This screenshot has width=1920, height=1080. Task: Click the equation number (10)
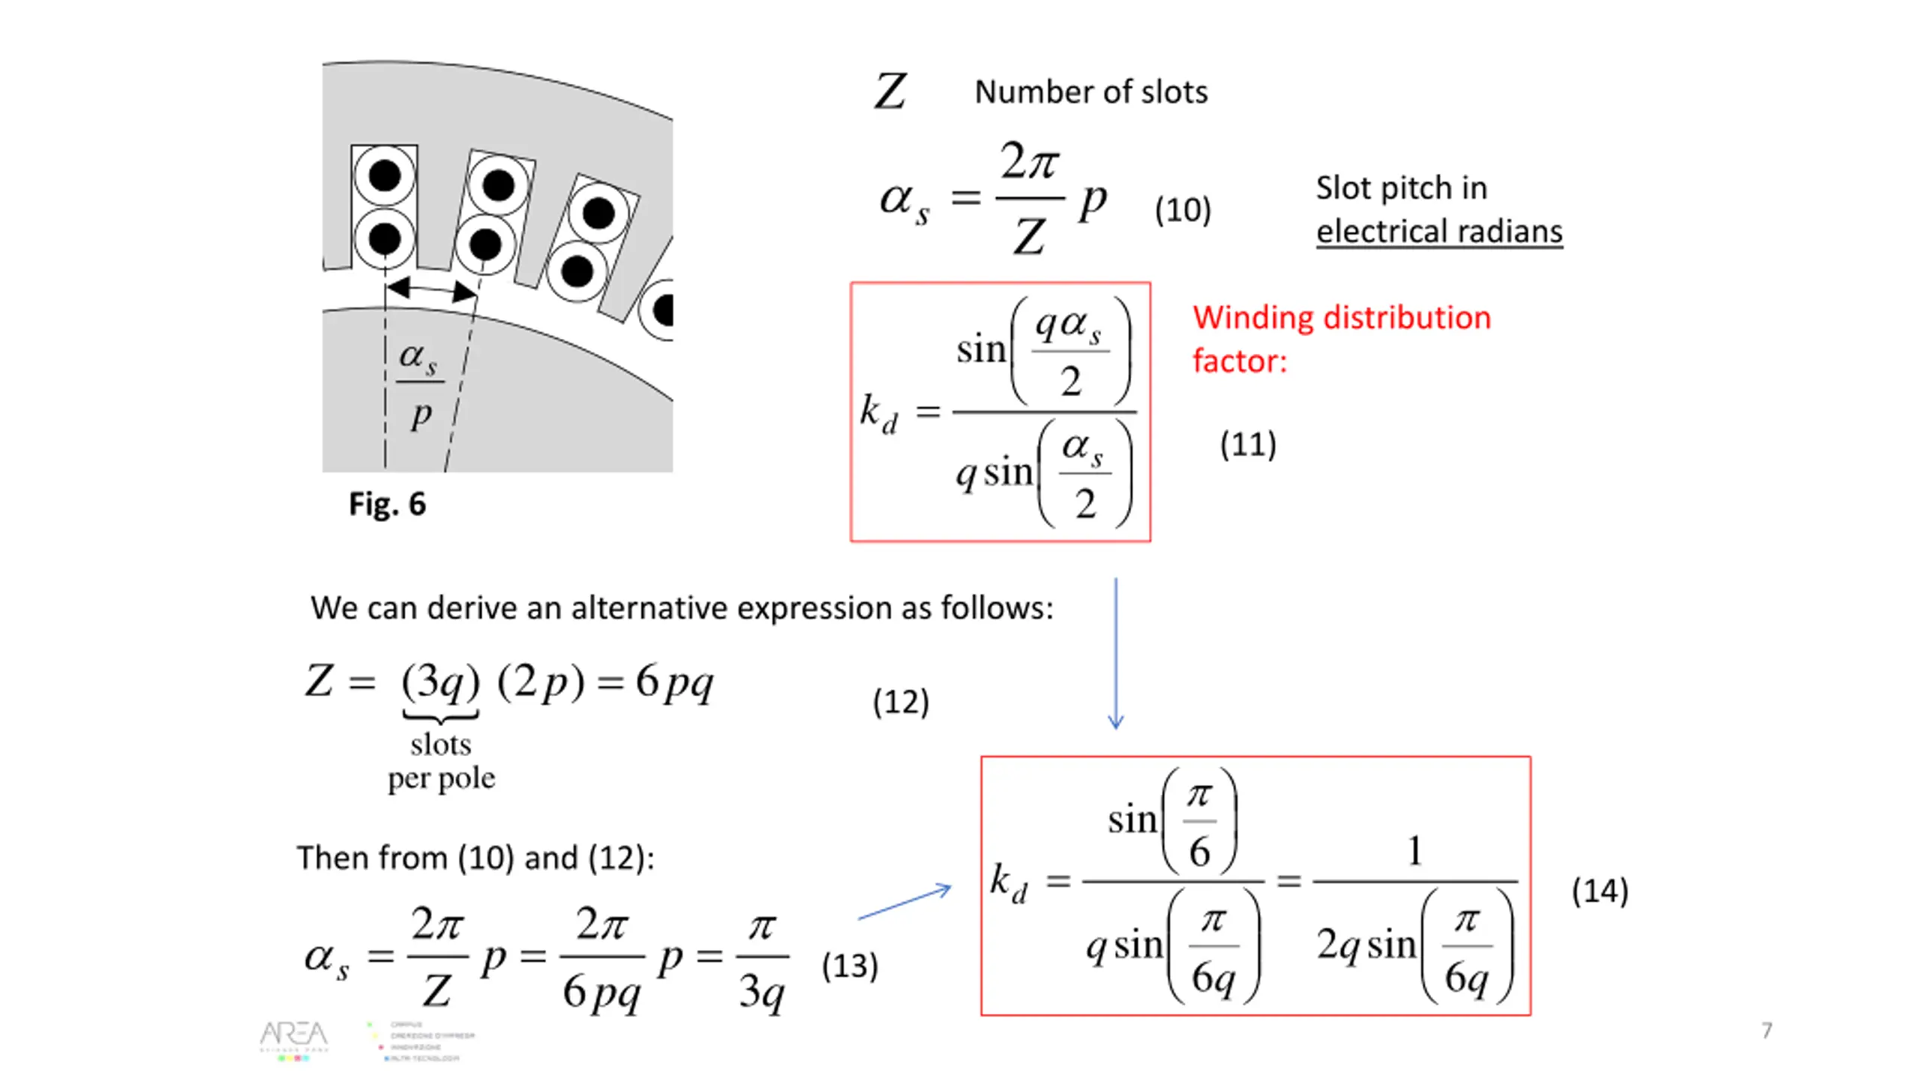[1183, 210]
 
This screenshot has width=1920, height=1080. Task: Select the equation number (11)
[1247, 445]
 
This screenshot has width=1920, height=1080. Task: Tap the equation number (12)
[900, 703]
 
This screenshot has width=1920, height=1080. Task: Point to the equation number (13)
[849, 966]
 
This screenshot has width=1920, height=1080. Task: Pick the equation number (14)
[1599, 891]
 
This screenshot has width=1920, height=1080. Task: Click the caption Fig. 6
[387, 504]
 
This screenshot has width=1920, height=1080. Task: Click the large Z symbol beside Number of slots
[890, 92]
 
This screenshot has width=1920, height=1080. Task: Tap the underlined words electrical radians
[1438, 232]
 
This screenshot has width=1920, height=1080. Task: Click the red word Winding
[1252, 318]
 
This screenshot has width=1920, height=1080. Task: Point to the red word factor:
[1239, 361]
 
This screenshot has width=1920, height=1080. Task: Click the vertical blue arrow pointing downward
[1115, 652]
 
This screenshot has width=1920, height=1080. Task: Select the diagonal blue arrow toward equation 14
[905, 902]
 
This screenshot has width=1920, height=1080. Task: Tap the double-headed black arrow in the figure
[431, 289]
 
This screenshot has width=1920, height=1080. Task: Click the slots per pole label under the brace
[441, 761]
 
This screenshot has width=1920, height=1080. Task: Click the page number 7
[1766, 1030]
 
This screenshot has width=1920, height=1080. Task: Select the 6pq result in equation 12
[674, 683]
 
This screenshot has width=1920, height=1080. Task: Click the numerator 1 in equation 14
[1414, 850]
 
